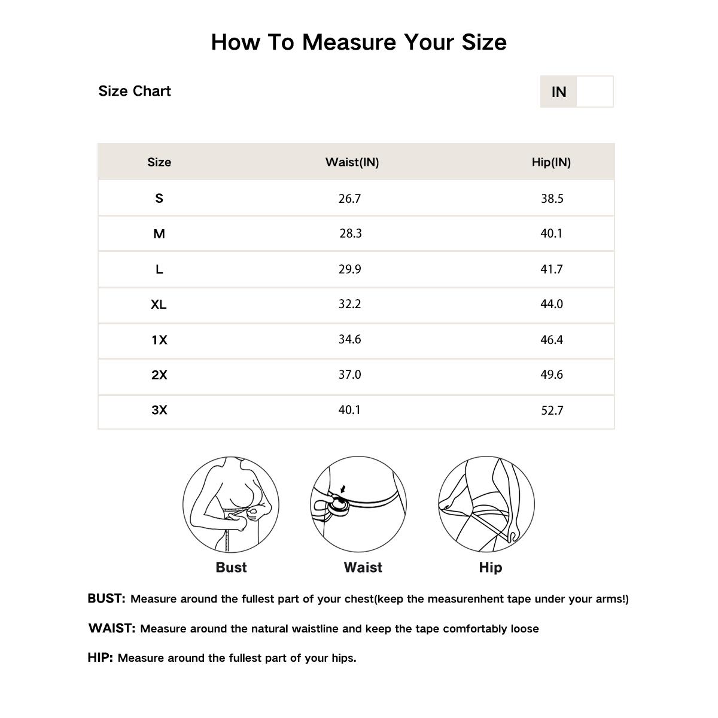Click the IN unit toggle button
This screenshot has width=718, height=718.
[558, 92]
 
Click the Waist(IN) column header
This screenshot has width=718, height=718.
[352, 162]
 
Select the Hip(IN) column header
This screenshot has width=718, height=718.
[551, 162]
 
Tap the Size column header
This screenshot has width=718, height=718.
[159, 162]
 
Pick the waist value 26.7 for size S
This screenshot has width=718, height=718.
[349, 199]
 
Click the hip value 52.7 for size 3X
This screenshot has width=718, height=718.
[552, 410]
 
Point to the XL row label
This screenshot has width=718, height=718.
[159, 305]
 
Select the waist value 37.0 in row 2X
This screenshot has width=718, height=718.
[349, 375]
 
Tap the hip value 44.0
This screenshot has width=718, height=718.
[551, 304]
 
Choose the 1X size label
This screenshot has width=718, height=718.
[159, 340]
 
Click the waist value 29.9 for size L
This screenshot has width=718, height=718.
[349, 269]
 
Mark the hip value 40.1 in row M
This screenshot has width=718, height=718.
[551, 233]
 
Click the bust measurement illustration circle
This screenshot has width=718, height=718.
[231, 504]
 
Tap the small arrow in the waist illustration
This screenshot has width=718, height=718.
[343, 489]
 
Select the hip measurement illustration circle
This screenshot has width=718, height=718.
[486, 504]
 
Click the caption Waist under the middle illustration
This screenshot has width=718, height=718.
[363, 567]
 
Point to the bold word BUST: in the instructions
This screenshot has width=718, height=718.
[107, 598]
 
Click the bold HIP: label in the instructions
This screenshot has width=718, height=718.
[100, 658]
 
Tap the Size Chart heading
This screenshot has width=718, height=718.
[135, 91]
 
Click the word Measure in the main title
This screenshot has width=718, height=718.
[349, 42]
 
